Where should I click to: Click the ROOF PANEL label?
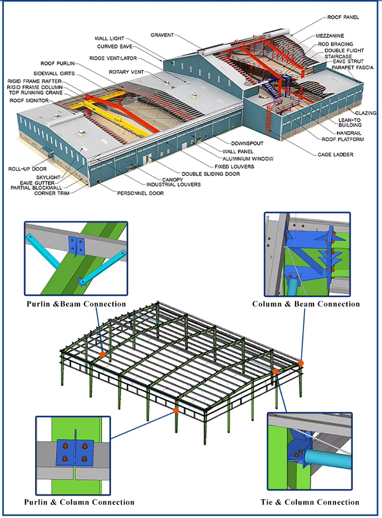343,17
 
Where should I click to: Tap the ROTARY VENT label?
126,72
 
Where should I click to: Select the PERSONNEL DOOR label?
140,193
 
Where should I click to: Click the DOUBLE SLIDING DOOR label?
211,174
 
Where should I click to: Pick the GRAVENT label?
162,35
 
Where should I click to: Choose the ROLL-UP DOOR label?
27,169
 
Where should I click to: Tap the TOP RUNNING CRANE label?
35,93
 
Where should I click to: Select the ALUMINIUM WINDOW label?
248,159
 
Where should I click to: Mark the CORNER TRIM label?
52,193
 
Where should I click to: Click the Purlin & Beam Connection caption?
76,304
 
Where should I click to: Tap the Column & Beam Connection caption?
306,304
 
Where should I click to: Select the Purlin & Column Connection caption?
79,502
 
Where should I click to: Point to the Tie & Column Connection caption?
310,502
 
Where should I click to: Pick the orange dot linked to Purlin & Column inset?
175,410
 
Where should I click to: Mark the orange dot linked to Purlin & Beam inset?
102,354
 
